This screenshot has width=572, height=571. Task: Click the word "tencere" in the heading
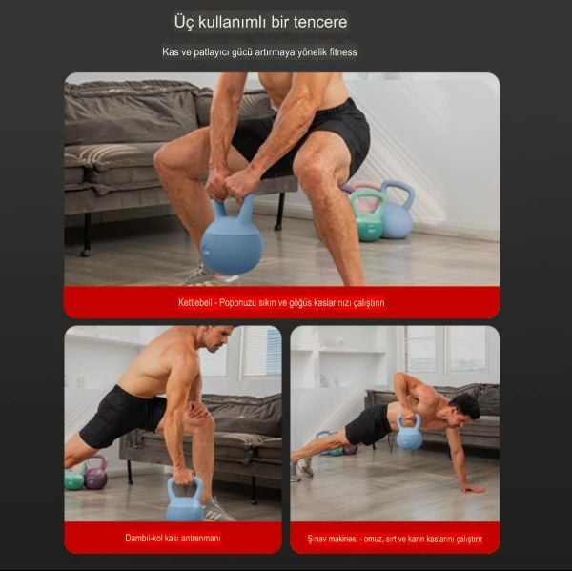tap(317, 22)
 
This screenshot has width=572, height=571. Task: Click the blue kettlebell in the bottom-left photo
tap(184, 501)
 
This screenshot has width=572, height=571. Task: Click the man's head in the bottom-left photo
tap(215, 340)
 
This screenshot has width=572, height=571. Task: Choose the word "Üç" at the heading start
tap(184, 22)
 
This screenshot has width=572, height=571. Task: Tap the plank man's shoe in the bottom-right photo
tap(304, 467)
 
